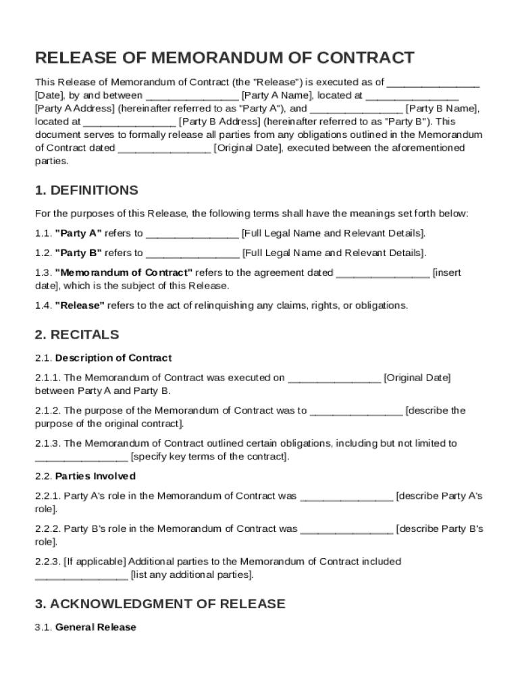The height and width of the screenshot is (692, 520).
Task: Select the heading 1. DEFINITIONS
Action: (86, 190)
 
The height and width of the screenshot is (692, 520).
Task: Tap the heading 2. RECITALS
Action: (77, 335)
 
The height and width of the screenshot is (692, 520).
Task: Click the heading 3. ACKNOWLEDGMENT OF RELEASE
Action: (160, 603)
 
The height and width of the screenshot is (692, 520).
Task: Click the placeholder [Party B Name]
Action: (442, 108)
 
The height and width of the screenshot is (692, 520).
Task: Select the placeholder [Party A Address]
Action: (75, 108)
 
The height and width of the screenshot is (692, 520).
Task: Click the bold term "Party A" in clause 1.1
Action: (78, 233)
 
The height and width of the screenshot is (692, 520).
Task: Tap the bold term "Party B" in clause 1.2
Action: (78, 253)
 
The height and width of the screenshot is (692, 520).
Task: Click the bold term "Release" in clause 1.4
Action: (79, 305)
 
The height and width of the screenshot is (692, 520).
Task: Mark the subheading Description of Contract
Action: (113, 357)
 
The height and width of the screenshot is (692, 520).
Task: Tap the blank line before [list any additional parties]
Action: (81, 576)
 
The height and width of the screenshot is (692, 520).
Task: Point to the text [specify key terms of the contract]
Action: (210, 457)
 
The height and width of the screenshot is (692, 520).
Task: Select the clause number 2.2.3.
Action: (47, 562)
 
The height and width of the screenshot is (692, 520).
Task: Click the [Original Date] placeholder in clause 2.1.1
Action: (417, 378)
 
